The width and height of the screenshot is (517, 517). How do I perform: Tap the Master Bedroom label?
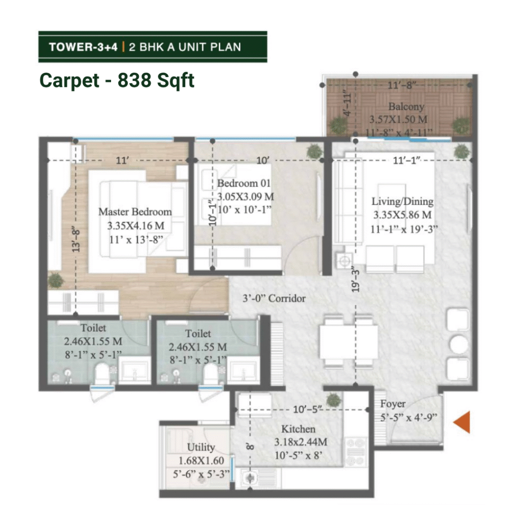pos(135,212)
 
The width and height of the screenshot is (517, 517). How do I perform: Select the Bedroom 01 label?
pos(244,183)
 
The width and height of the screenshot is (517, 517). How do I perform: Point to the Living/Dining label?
pos(402,201)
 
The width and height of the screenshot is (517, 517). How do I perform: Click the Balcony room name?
pos(406,107)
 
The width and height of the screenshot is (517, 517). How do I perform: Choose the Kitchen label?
pos(298,429)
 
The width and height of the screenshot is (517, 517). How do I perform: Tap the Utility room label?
pos(201,447)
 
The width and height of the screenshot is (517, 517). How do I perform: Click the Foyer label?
pos(393,404)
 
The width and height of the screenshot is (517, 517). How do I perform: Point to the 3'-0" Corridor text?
pos(274,298)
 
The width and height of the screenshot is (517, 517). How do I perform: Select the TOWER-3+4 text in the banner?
pos(83,47)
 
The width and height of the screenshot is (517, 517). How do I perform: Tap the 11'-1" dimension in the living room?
pos(406,161)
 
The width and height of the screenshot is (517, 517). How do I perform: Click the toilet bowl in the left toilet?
pos(101,374)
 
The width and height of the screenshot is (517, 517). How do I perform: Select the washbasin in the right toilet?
pos(243,371)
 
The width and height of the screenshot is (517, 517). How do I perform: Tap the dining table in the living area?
pos(349,342)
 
